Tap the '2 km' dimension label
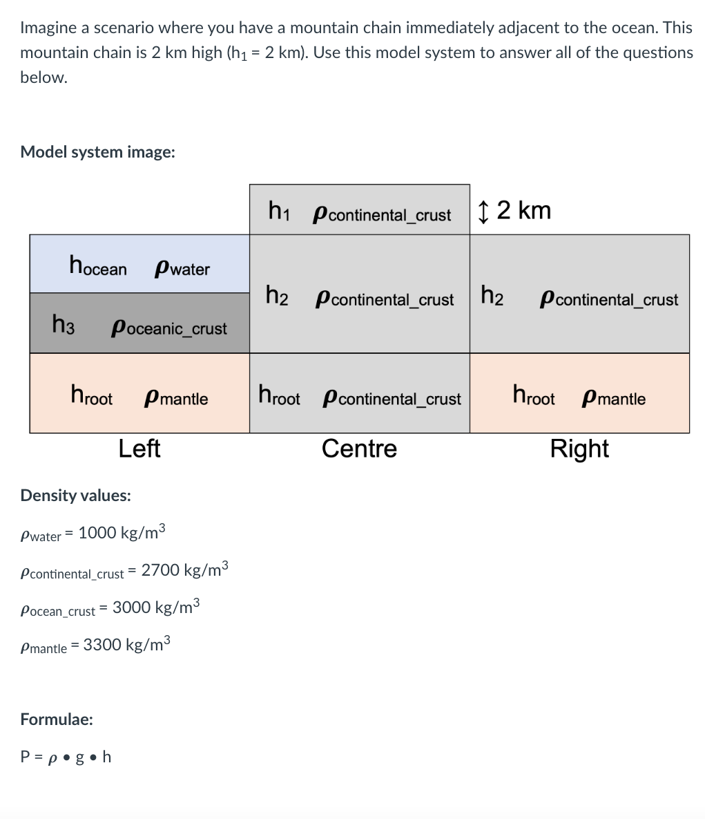point(523,210)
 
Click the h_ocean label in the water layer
point(98,265)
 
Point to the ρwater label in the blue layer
point(182,268)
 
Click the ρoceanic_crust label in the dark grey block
point(169,328)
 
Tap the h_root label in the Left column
point(91,396)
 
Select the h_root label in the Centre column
point(279,396)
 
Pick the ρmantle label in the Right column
point(614,398)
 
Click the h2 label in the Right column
point(492,296)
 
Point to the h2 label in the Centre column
point(277,296)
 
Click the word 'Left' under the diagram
point(139,449)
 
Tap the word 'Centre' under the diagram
point(359,449)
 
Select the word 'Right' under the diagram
point(579,449)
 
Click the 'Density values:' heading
point(76,495)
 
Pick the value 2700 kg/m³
point(184,570)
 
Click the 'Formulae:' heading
point(57,719)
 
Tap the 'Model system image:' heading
point(97,151)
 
